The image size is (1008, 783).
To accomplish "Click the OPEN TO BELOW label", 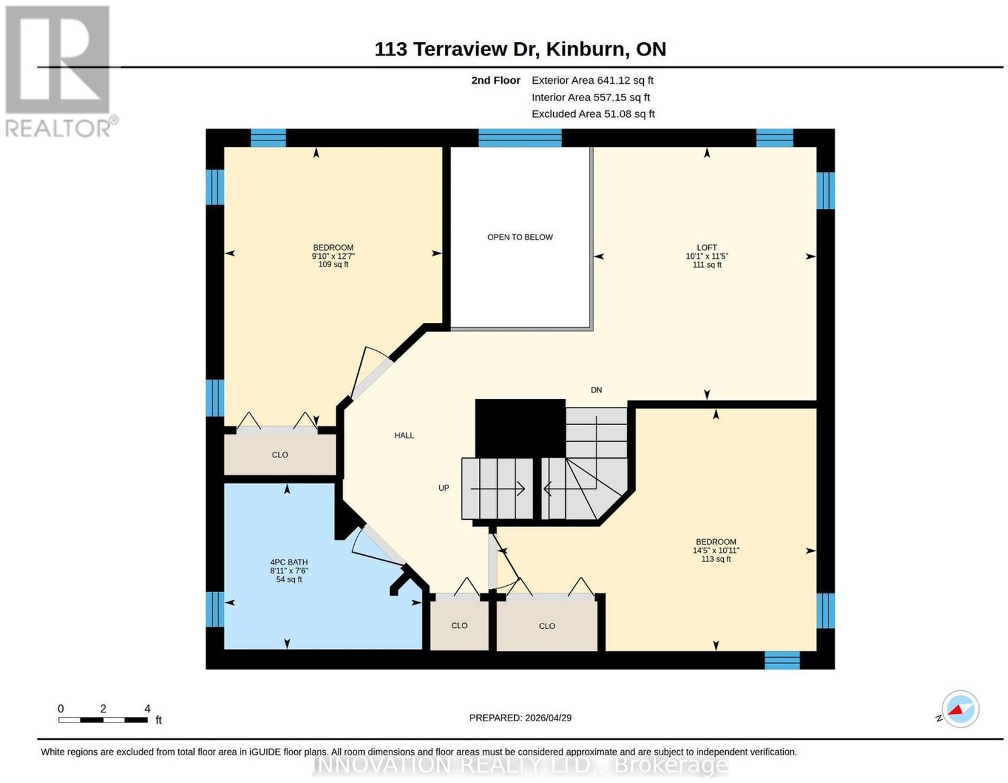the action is tap(520, 237).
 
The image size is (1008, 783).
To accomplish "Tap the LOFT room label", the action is tap(706, 248).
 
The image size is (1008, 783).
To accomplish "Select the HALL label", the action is tap(404, 435).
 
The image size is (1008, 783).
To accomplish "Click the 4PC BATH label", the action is tap(289, 562).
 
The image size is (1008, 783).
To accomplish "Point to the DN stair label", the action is tap(596, 390).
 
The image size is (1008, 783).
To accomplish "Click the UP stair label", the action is tap(444, 488).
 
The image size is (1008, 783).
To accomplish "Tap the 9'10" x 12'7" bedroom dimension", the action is tap(333, 256).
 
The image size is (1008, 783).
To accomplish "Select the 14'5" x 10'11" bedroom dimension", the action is tap(716, 551).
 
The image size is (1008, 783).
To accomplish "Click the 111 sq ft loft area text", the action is tap(706, 265).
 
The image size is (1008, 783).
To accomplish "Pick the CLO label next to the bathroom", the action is tap(459, 626).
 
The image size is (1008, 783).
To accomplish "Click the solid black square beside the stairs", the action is tap(520, 428).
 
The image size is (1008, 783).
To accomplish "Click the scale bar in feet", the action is tap(103, 720).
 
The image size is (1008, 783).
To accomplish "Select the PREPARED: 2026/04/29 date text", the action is tap(520, 718).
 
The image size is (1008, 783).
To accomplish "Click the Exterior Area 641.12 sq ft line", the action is tap(592, 80).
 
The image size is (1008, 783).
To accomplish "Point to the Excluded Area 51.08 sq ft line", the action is tap(593, 113).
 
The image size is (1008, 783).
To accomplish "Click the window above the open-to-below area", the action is tap(520, 138).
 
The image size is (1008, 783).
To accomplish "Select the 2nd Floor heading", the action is tap(495, 80).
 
